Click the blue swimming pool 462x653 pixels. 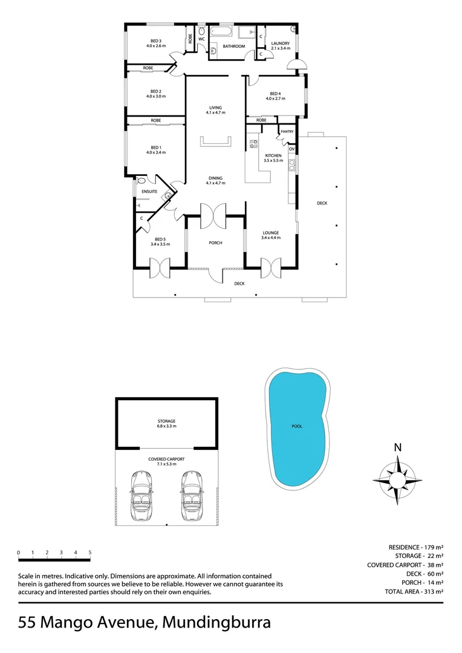click(298, 426)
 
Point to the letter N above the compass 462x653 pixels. click(397, 448)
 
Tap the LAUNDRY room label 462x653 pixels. click(281, 44)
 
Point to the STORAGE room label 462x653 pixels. click(166, 421)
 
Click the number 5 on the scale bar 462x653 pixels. click(90, 553)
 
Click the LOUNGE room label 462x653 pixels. click(270, 233)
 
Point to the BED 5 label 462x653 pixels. click(160, 239)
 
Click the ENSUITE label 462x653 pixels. click(149, 192)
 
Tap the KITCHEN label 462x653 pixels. click(273, 155)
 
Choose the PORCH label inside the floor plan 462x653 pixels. click(215, 242)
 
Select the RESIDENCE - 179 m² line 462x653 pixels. click(416, 547)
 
